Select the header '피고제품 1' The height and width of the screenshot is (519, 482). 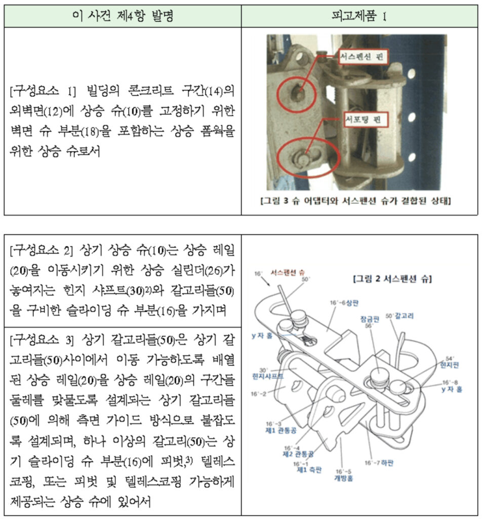click(360, 16)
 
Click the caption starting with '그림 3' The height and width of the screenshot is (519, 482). click(355, 201)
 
